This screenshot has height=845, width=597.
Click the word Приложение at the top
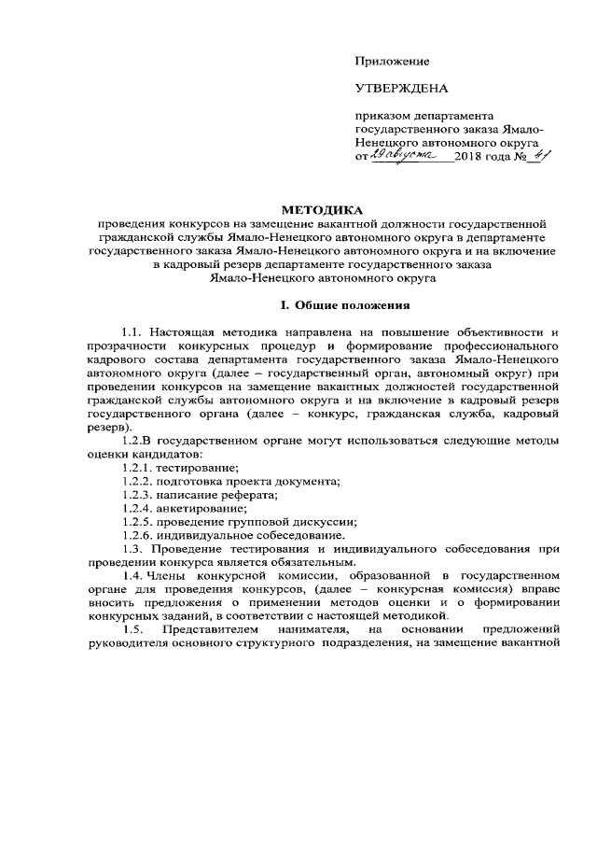(x=392, y=62)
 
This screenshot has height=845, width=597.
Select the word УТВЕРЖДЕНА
(x=402, y=90)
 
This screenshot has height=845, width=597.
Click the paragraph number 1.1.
(x=133, y=331)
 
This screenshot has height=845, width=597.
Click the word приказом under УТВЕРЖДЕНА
(x=380, y=117)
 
